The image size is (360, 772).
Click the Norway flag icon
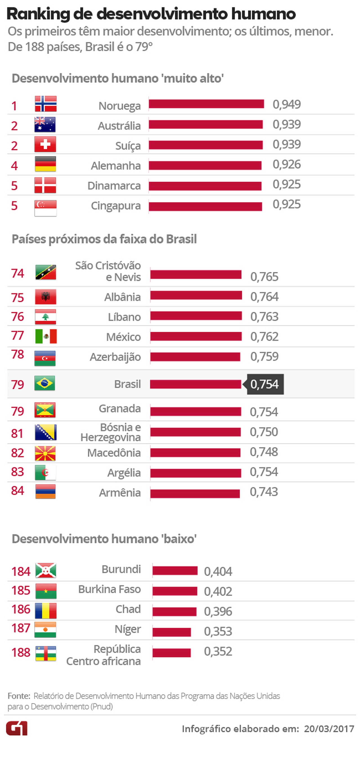tap(45, 104)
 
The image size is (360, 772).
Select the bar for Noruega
tap(206, 104)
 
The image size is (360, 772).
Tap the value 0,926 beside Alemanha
tap(286, 164)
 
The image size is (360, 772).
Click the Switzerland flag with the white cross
tap(45, 145)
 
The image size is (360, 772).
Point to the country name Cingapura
tap(116, 206)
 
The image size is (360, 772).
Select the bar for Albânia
tap(196, 295)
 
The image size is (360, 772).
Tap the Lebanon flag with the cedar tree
tap(45, 317)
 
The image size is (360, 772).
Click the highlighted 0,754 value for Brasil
tap(265, 384)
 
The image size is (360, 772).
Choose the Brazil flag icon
tap(45, 383)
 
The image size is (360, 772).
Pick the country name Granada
tap(119, 408)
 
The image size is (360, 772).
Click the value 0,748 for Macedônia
tap(264, 452)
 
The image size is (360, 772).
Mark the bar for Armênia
tap(195, 494)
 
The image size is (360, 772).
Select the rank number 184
tap(21, 571)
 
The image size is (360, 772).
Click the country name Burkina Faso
tap(109, 589)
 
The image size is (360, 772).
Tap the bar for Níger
tap(172, 632)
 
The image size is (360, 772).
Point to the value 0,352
tap(218, 651)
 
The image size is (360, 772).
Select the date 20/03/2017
tap(329, 729)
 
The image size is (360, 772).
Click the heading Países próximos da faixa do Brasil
tap(104, 239)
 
